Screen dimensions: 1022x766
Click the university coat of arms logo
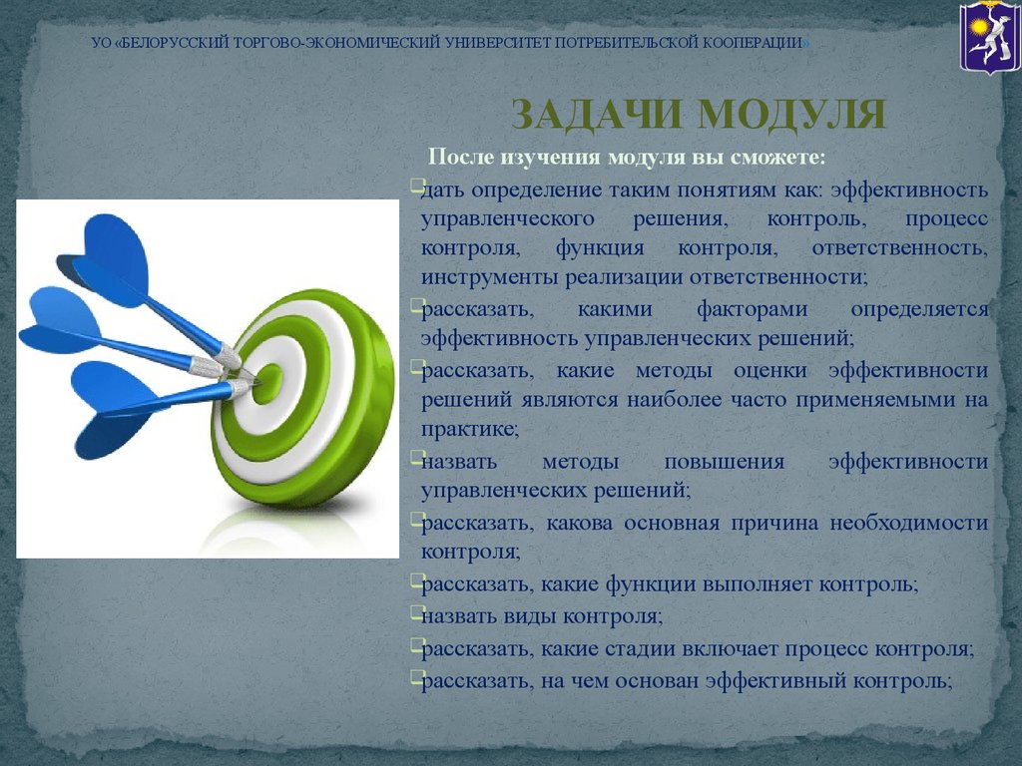(x=989, y=36)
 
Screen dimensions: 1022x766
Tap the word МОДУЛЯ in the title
(x=791, y=115)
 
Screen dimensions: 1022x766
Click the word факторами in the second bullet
(x=753, y=309)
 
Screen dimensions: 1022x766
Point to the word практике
(x=469, y=430)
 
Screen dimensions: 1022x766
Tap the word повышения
(x=725, y=462)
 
